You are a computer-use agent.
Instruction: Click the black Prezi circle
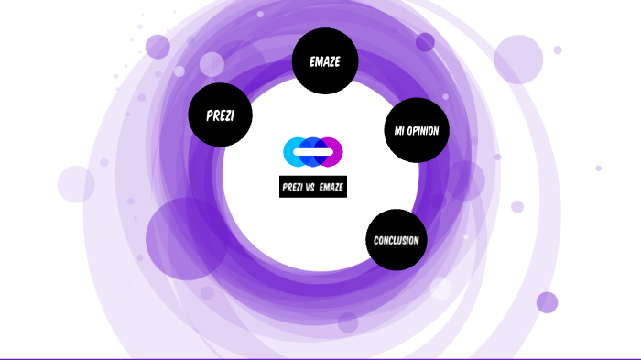coord(220,115)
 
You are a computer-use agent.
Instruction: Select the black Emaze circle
coord(325,60)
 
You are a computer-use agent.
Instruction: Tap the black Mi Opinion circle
coord(417,130)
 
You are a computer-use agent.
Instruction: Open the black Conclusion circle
coord(397,240)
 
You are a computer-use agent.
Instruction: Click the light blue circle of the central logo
coord(294,152)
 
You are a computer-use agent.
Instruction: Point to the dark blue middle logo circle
coord(313,152)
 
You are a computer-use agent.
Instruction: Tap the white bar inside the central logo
coord(313,152)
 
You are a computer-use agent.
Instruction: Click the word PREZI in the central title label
coord(293,188)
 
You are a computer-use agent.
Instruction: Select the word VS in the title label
coord(310,188)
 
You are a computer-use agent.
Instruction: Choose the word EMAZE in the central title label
coord(331,188)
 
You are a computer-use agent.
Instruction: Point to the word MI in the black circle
coord(399,131)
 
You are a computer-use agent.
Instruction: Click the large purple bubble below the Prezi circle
coord(186,238)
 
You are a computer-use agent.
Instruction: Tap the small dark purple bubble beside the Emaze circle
coord(425,42)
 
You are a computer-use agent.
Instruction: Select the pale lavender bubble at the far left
coord(76,183)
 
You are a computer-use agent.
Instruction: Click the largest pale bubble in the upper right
coord(518,60)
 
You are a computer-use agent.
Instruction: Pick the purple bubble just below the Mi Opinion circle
coord(465,180)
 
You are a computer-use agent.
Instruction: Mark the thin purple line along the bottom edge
coord(320,358)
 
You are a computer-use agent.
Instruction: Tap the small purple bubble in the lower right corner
coord(547,302)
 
